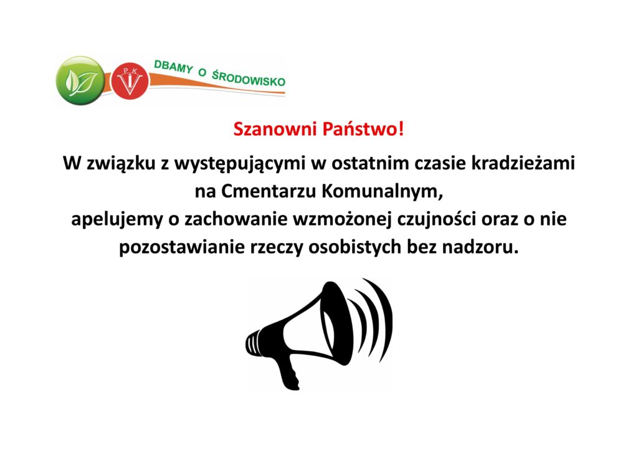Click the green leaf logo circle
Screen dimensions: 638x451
click(x=80, y=80)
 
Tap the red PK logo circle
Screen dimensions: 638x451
click(x=130, y=80)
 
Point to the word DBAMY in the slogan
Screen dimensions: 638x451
click(x=173, y=67)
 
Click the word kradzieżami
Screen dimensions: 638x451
click(x=523, y=163)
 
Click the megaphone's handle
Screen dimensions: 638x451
click(x=290, y=372)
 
